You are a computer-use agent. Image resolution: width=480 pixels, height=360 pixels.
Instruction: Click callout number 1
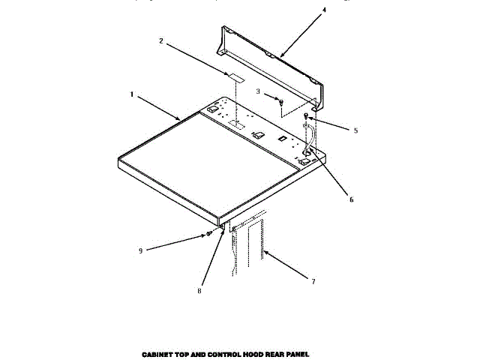[132, 94]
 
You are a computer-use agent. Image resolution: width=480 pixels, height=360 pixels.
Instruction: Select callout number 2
[160, 43]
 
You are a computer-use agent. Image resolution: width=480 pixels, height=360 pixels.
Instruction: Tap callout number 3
[258, 92]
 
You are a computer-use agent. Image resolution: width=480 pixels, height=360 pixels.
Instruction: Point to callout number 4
[303, 10]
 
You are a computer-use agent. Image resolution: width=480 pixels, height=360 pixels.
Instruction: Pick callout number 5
[355, 130]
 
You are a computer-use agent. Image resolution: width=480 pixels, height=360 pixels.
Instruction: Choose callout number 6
[351, 199]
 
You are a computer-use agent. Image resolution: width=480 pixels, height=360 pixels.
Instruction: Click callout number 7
[313, 281]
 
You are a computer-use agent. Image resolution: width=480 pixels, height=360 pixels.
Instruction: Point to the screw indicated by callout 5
[307, 117]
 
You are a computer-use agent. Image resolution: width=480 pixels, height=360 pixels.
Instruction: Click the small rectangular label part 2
[235, 76]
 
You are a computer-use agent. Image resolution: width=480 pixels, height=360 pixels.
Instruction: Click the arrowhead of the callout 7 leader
[263, 253]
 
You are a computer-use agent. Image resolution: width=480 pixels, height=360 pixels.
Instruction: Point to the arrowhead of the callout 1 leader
[179, 119]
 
